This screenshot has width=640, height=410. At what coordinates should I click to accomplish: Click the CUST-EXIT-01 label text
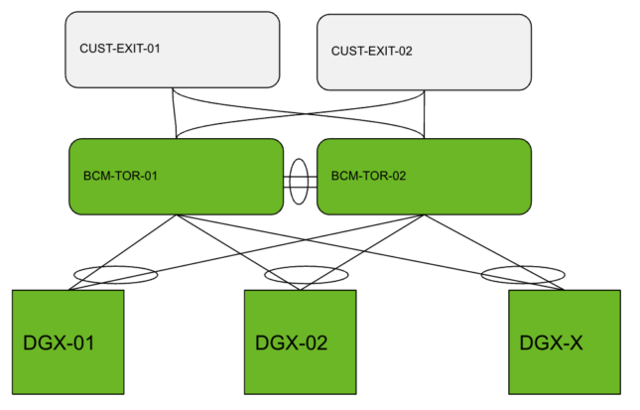[119, 48]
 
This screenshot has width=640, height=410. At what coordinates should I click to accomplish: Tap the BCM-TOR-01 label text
[121, 176]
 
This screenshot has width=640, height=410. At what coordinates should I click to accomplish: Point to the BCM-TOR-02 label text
[368, 176]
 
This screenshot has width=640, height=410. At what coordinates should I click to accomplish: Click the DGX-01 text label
[58, 344]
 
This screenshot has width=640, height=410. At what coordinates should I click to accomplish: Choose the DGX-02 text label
[291, 344]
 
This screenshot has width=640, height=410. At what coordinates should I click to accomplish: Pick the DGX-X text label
[552, 344]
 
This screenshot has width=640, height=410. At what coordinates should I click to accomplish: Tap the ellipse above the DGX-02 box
[306, 274]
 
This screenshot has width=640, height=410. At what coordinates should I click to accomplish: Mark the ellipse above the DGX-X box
[522, 273]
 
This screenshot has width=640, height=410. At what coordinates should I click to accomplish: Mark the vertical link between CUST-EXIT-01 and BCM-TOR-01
[175, 112]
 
